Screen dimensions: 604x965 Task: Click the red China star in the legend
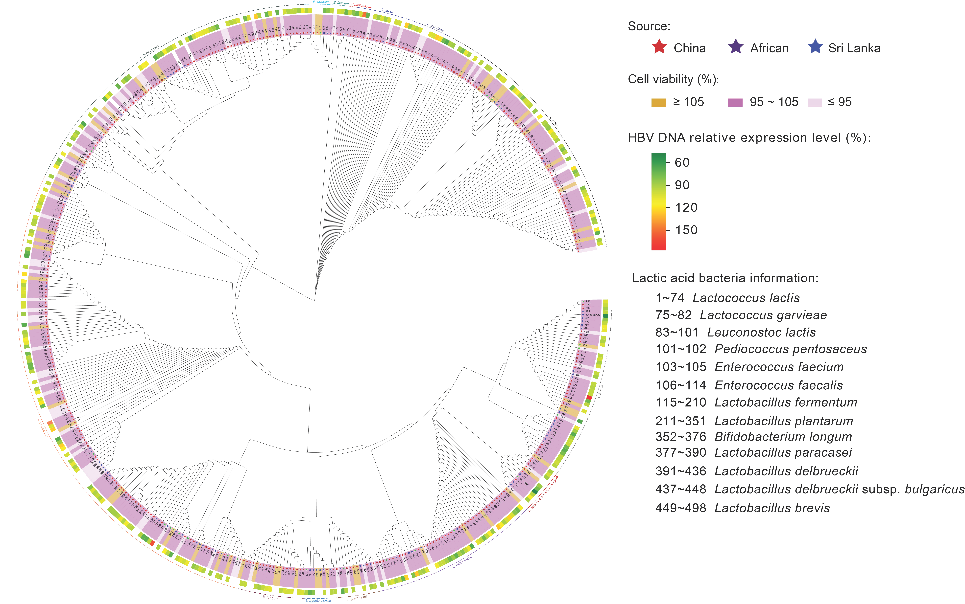pyautogui.click(x=659, y=47)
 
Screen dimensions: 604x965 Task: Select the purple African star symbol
pyautogui.click(x=736, y=47)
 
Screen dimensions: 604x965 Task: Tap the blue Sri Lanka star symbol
pyautogui.click(x=815, y=47)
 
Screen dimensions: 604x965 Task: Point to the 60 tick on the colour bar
pyautogui.click(x=682, y=163)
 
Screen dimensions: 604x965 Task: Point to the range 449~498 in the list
pyautogui.click(x=680, y=508)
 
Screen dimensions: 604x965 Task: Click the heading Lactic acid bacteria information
pyautogui.click(x=725, y=278)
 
